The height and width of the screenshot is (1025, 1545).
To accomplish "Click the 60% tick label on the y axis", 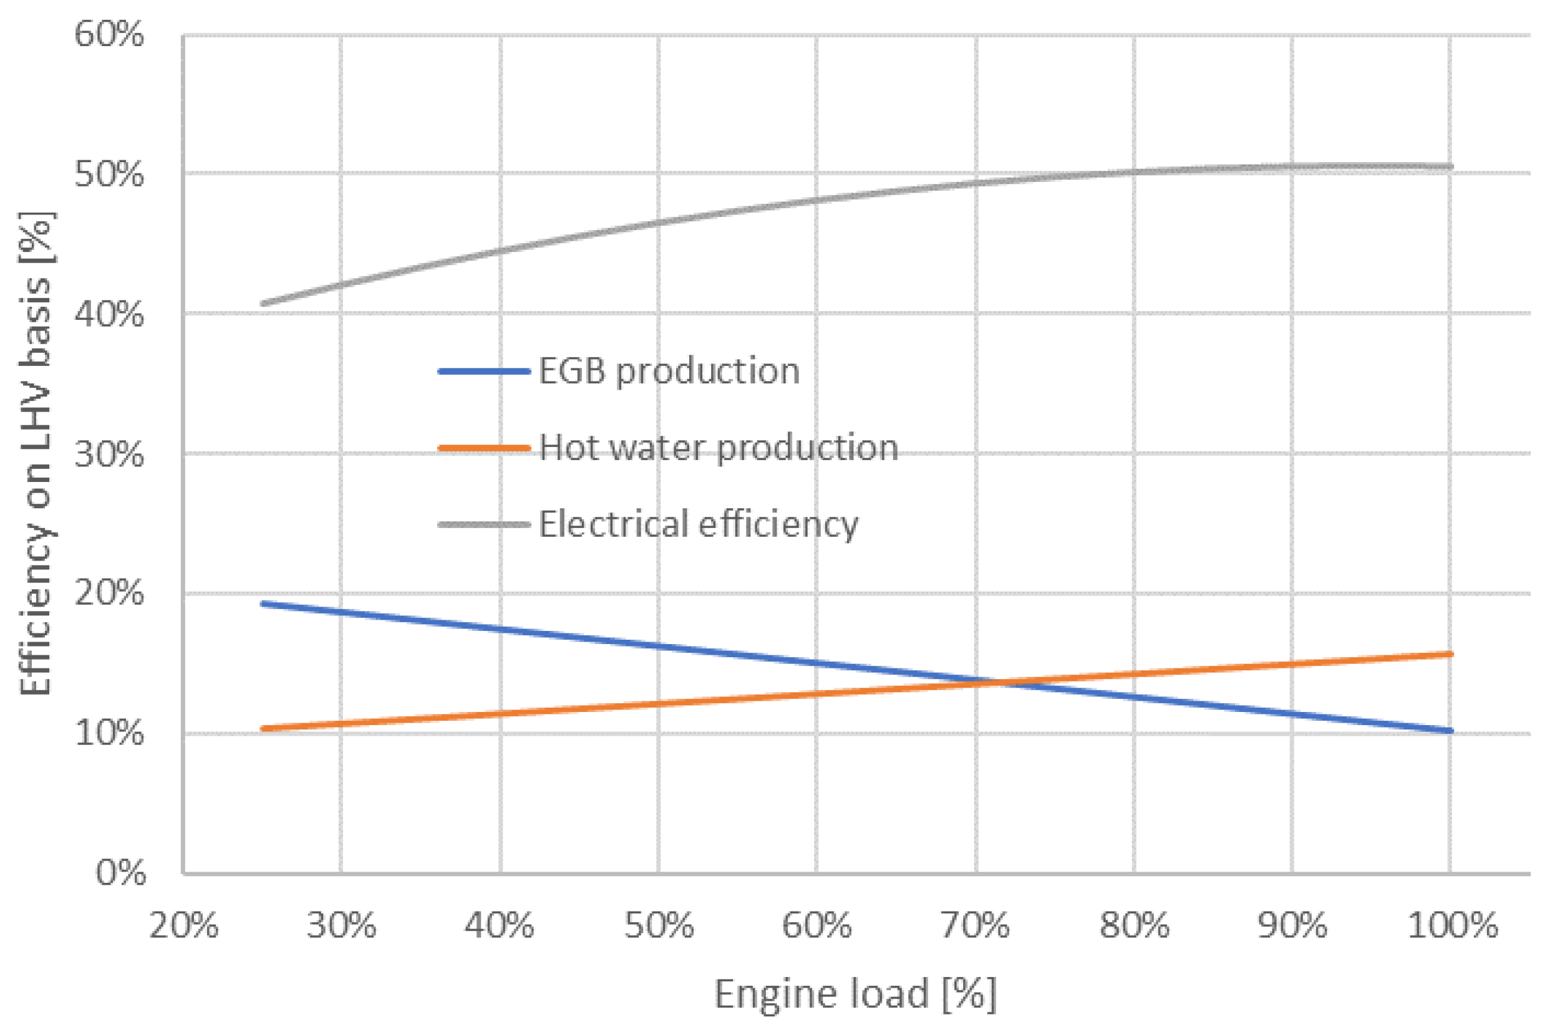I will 109,34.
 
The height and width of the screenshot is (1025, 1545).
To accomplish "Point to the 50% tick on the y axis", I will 109,174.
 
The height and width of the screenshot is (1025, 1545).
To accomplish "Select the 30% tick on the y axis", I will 109,454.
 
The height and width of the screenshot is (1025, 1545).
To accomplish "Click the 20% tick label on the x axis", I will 184,926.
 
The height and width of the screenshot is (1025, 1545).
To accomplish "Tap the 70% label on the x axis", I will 975,926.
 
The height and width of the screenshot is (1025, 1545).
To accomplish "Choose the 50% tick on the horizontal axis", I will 659,926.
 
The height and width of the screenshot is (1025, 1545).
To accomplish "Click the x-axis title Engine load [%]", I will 855,994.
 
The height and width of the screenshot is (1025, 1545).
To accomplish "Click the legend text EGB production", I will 669,372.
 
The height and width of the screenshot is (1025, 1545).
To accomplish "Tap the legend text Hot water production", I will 718,448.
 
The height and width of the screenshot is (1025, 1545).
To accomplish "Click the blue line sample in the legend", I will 484,372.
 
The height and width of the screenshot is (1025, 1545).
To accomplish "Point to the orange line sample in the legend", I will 484,448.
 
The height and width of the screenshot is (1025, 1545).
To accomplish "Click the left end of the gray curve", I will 263,303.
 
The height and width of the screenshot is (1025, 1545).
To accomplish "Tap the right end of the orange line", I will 1451,653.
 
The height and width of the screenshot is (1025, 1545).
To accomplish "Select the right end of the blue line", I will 1451,731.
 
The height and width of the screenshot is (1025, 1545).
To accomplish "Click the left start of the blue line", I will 263,604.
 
